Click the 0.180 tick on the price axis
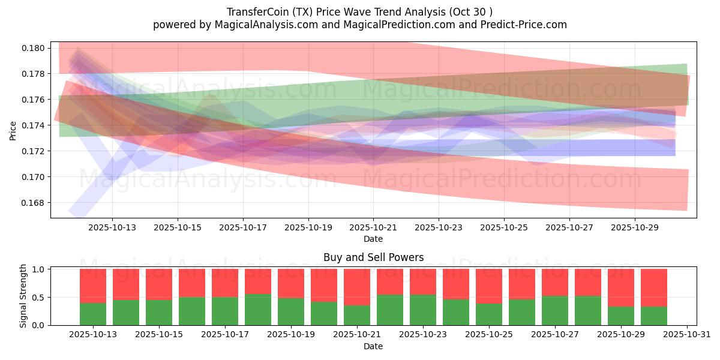(34, 48)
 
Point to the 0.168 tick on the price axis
(34, 203)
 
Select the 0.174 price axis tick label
(34, 125)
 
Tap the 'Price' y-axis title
(13, 130)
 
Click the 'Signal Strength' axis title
(23, 296)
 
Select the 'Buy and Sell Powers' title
(373, 257)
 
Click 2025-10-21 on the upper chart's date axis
(373, 228)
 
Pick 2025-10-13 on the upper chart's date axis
(112, 228)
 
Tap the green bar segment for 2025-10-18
(258, 310)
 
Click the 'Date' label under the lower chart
(373, 346)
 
